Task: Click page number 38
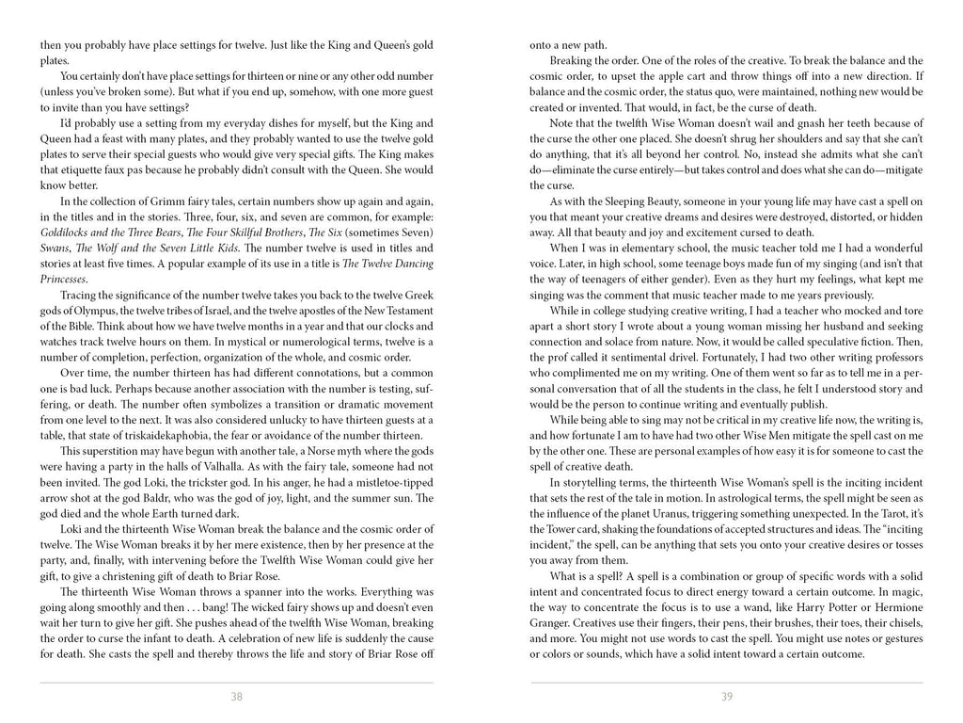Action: tap(236, 697)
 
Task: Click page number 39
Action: tap(726, 697)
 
